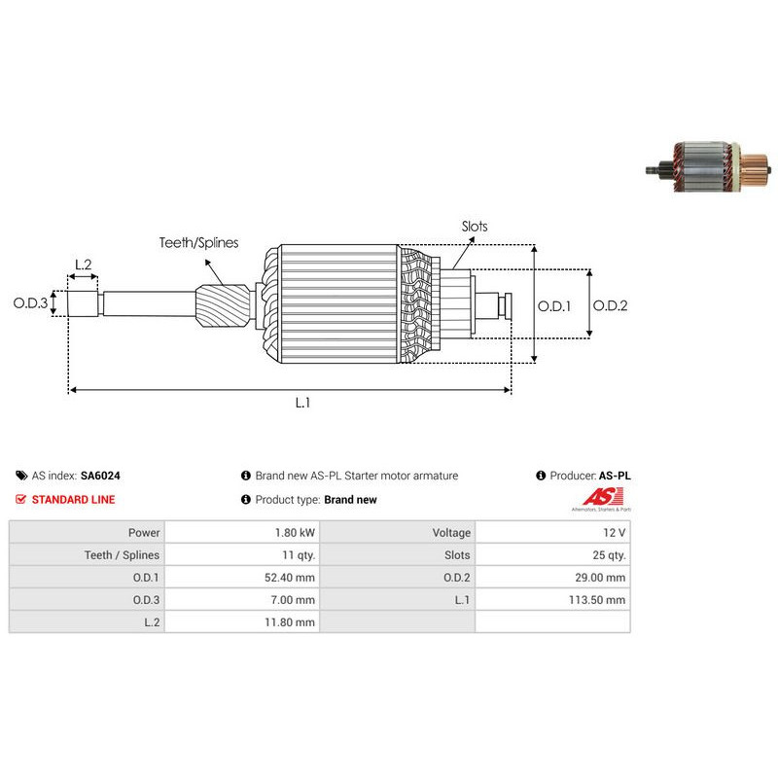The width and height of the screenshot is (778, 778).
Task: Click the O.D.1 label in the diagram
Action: point(554,306)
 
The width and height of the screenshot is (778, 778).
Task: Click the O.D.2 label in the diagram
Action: point(611,305)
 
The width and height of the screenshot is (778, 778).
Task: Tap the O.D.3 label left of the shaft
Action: point(30,302)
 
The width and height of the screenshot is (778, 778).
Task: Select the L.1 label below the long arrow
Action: point(302,403)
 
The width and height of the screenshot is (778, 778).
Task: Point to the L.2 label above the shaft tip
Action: point(84,265)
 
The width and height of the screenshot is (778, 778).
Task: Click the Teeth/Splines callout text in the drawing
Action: point(198,242)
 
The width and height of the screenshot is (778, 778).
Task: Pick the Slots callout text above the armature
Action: point(475,227)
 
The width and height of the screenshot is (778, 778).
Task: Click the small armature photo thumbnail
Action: point(709,166)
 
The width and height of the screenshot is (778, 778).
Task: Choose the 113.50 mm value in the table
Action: point(597,600)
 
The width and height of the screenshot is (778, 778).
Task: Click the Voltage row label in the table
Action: point(451,532)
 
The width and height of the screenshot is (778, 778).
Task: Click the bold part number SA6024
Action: point(100,476)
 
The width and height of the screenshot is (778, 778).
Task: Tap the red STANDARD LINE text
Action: point(74,500)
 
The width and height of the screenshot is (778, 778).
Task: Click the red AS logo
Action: point(602,498)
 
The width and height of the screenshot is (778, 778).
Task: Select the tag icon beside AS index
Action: point(21,476)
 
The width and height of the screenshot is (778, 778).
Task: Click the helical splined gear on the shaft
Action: point(223,305)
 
